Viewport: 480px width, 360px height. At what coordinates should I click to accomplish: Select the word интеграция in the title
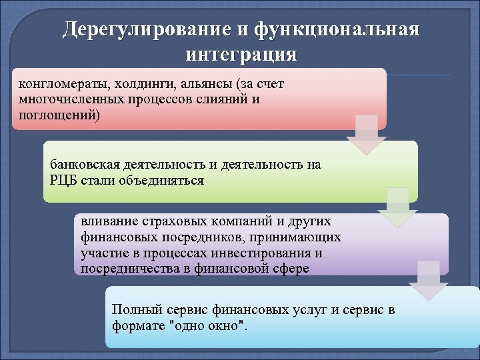point(240,53)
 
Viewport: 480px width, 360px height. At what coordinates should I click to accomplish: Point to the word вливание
point(105,221)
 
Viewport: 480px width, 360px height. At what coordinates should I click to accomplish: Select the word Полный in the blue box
point(133,310)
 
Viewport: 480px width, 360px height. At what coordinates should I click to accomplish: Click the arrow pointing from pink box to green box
point(366,135)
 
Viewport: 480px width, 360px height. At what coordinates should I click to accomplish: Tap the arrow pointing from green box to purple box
point(397,207)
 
